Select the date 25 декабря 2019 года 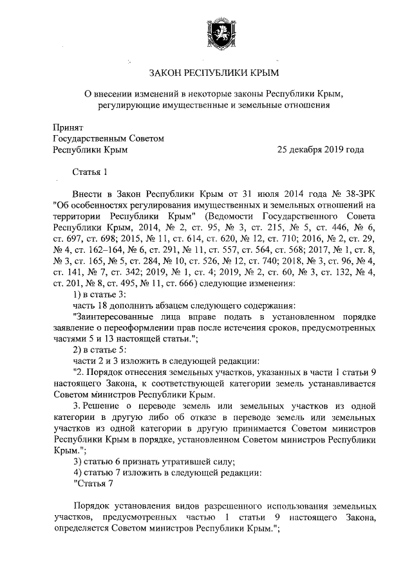coord(320,150)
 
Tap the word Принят coord(68,127)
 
